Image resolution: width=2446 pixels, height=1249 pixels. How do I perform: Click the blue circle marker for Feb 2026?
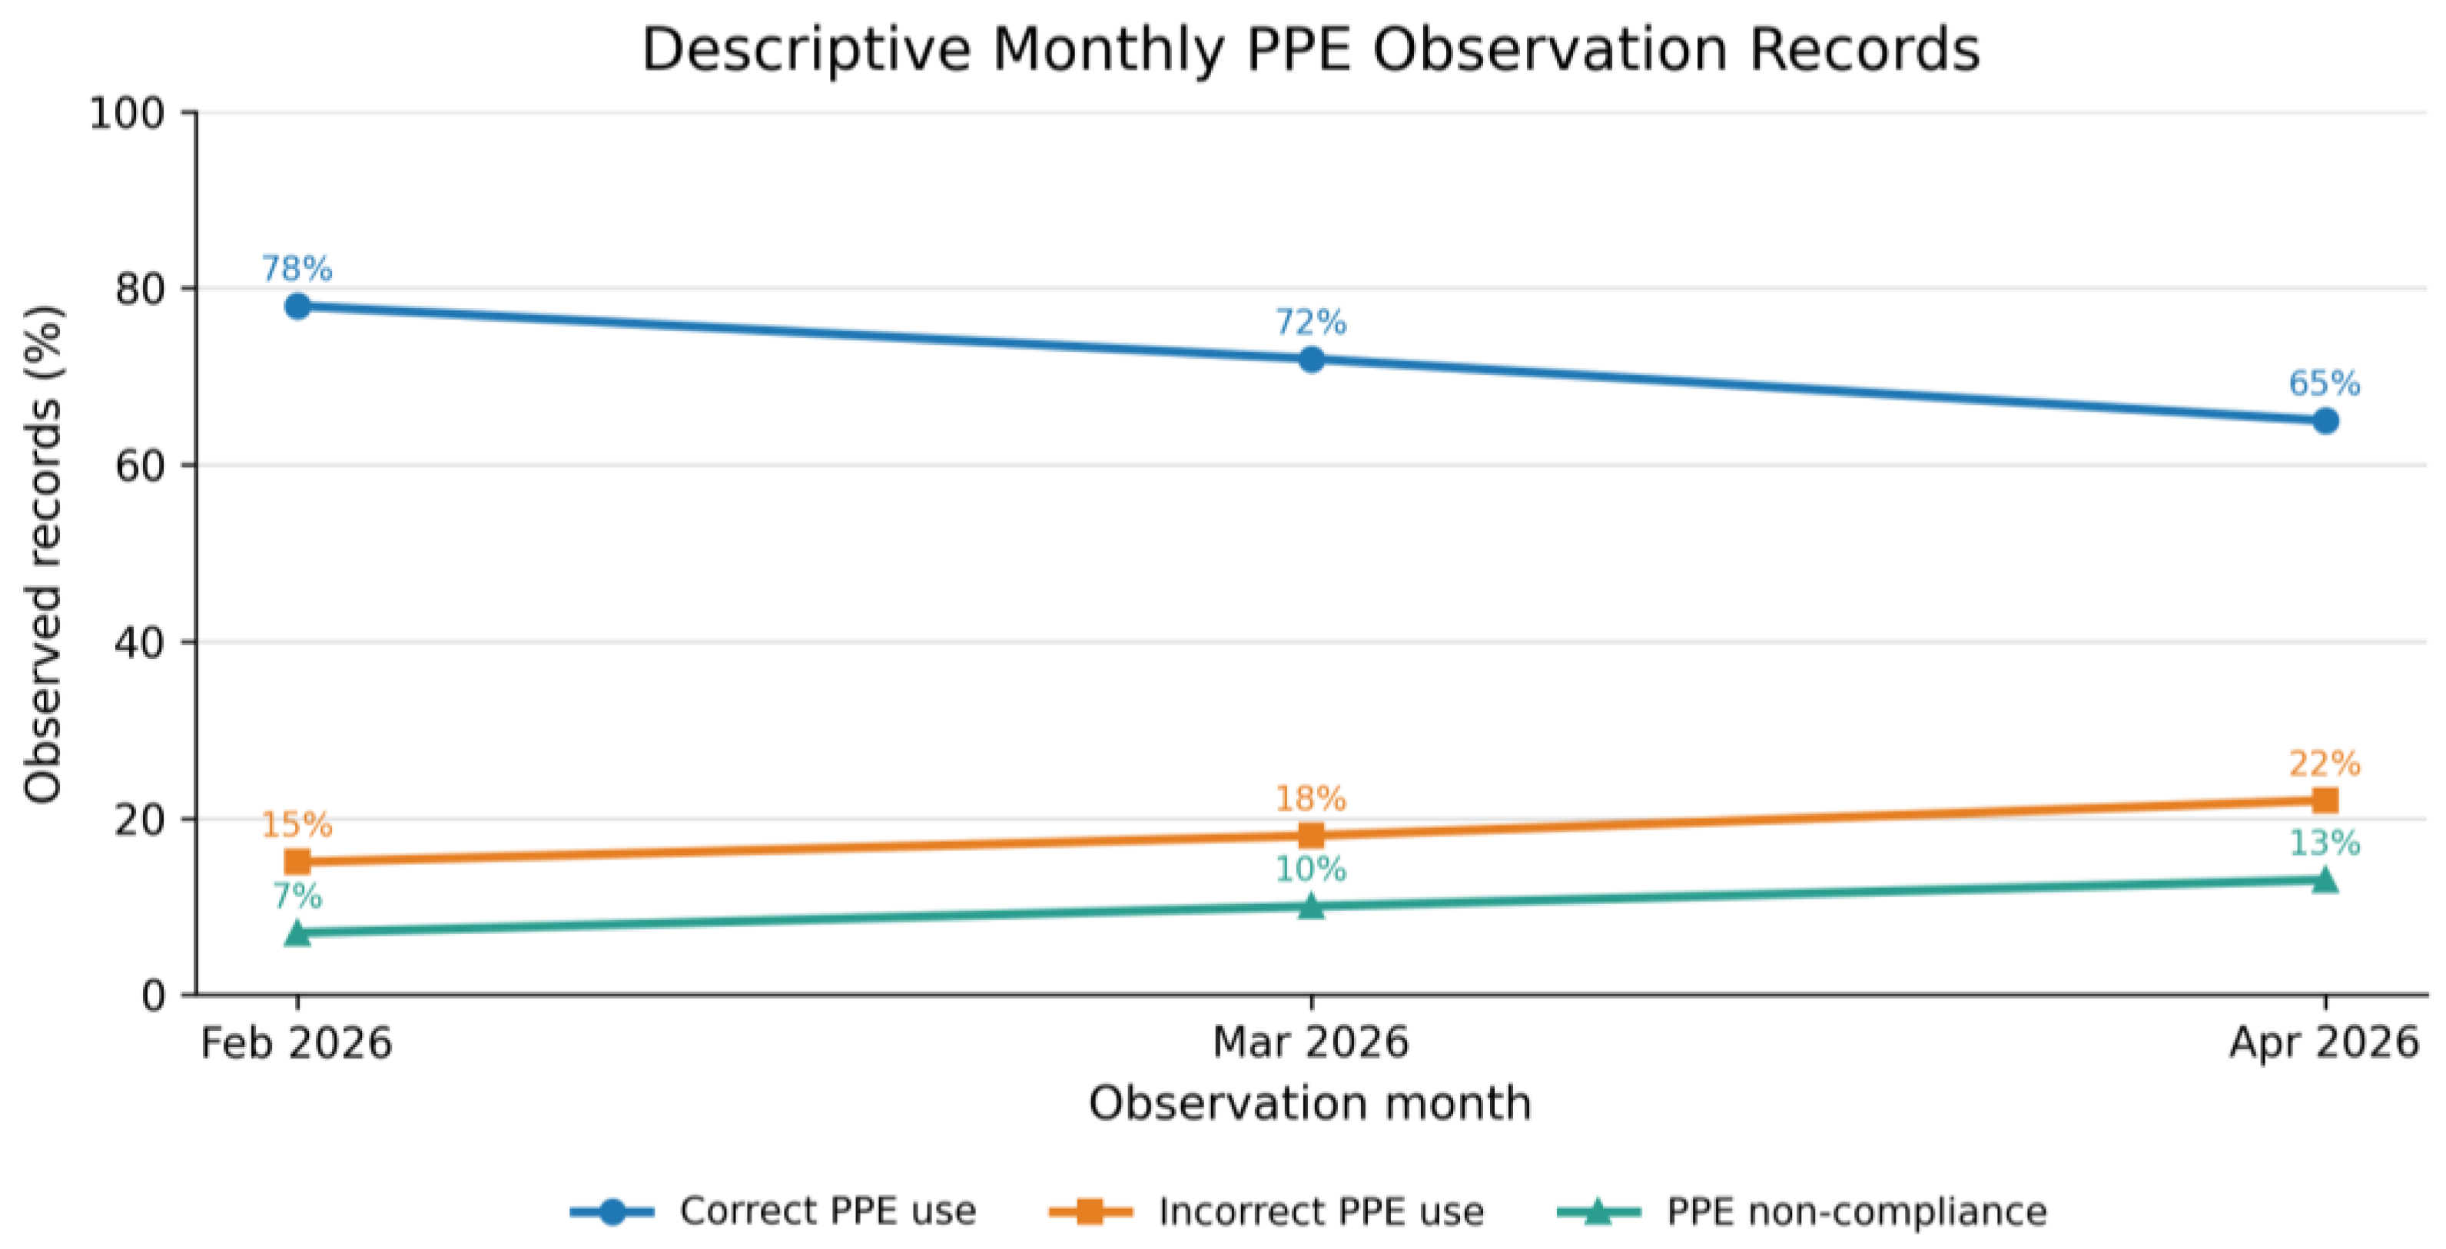tap(297, 306)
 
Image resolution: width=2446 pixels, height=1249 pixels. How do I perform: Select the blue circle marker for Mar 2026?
tap(1310, 359)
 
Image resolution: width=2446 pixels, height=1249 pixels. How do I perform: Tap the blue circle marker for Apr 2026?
tap(2325, 420)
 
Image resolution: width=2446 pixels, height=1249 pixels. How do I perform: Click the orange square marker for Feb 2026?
tap(297, 862)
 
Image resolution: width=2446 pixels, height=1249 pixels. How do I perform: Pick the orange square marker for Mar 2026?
tap(1310, 835)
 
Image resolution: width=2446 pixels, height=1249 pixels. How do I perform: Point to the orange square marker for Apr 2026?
tap(2325, 800)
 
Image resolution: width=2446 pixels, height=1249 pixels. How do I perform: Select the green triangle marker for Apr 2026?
tap(2325, 879)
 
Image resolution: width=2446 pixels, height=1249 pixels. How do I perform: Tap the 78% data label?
tap(297, 269)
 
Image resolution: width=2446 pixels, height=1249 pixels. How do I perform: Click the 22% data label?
tap(2325, 763)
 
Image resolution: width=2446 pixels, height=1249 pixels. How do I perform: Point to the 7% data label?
tap(297, 895)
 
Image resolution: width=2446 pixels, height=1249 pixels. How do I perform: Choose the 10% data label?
tap(1310, 869)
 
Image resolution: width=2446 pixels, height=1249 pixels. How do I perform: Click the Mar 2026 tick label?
tap(1310, 1043)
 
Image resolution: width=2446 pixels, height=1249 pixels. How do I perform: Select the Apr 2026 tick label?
tap(2324, 1043)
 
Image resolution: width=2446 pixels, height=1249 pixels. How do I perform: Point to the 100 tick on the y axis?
tap(128, 113)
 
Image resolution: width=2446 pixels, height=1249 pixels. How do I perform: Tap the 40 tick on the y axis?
tap(141, 642)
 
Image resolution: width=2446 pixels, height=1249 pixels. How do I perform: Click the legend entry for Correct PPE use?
tap(773, 1211)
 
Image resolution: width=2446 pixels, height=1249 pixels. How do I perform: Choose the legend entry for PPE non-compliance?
tap(1802, 1211)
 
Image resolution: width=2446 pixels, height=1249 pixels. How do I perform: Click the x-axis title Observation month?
tap(1310, 1103)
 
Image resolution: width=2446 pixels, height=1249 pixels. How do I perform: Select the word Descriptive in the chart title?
tap(807, 48)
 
